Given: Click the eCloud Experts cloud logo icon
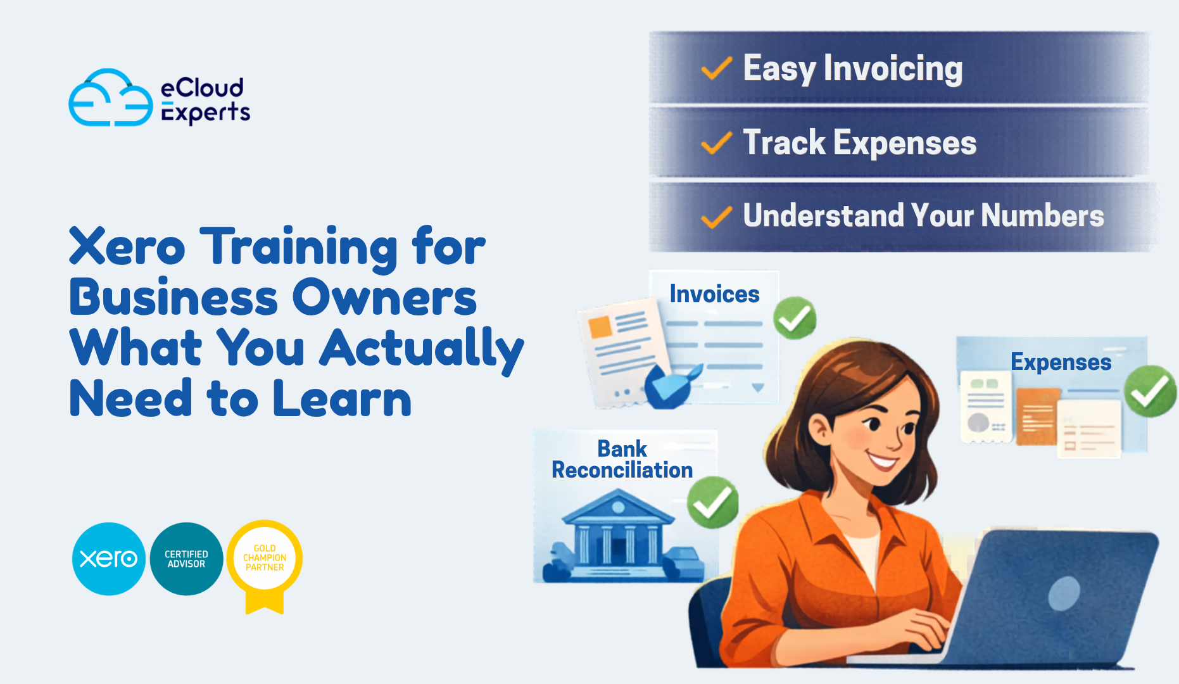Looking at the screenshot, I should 110,98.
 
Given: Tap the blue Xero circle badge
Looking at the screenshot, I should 109,559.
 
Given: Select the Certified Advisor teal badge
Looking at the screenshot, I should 186,559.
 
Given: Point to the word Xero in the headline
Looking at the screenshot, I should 127,247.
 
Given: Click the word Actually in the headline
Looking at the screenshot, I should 422,348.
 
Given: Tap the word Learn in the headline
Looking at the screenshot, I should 342,399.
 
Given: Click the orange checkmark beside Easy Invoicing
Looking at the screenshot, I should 717,68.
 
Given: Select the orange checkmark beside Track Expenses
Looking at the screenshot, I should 717,143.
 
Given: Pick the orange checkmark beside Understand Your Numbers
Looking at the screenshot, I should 717,217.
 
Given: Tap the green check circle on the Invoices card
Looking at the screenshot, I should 795,318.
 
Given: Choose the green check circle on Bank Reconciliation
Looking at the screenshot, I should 713,503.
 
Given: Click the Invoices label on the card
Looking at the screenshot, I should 714,294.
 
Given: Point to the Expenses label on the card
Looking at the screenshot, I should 1061,362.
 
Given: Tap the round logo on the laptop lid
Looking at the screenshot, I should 1064,593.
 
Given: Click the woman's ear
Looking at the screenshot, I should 821,430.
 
